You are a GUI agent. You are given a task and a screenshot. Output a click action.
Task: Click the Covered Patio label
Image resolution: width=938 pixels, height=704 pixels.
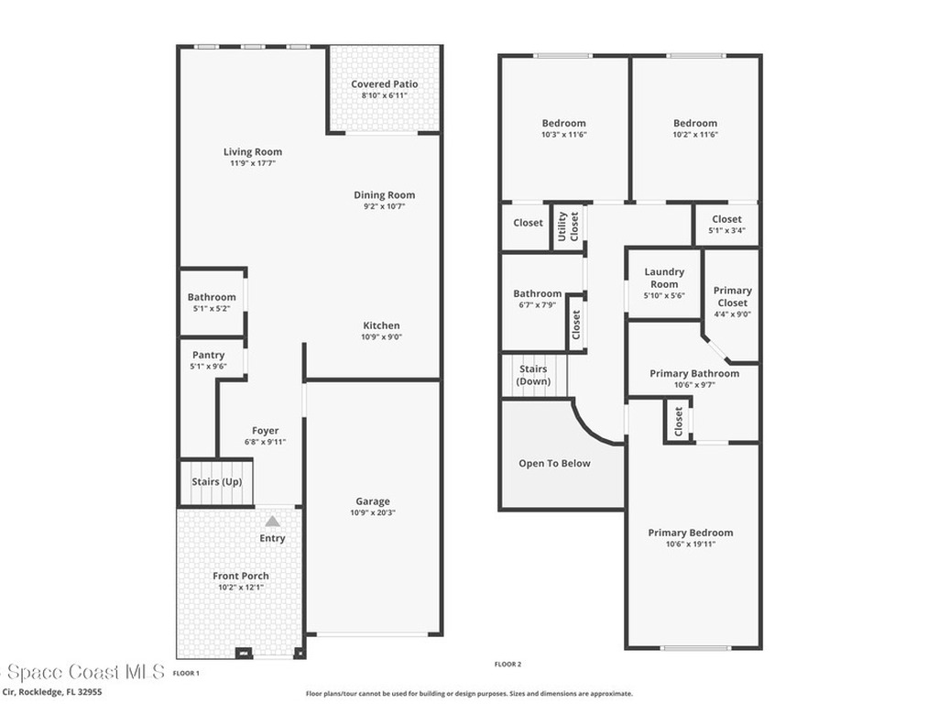[x=384, y=84]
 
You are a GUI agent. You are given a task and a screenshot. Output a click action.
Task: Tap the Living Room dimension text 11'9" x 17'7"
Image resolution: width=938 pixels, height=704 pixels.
[x=253, y=163]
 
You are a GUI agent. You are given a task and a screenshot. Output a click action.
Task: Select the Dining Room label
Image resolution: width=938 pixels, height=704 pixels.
[x=384, y=194]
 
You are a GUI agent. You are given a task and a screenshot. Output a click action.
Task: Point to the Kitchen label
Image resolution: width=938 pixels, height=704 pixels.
[x=381, y=325]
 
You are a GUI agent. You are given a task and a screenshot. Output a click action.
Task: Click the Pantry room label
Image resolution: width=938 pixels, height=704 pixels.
[x=208, y=355]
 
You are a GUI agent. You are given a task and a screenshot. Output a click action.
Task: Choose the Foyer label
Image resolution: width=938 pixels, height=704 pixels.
[x=266, y=431]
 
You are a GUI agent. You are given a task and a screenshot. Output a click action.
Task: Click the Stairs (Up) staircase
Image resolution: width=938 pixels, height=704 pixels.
[x=216, y=482]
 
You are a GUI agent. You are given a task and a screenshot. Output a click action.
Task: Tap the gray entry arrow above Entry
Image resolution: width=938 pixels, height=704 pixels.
[x=272, y=521]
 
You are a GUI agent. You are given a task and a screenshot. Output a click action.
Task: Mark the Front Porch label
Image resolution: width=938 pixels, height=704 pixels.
[x=241, y=576]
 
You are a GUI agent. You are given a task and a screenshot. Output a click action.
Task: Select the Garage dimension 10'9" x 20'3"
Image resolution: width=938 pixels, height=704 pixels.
[x=373, y=512]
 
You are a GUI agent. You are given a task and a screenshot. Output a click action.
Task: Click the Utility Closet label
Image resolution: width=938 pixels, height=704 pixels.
[x=568, y=226]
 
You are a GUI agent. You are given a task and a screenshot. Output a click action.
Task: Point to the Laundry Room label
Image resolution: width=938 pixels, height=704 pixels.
[x=664, y=278]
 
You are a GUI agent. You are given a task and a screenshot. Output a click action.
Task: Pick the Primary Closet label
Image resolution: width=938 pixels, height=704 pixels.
[x=732, y=296]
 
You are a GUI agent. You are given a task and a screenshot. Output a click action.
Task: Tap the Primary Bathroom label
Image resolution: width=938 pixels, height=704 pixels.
[x=693, y=373]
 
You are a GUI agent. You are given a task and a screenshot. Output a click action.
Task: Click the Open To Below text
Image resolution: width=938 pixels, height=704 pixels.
[x=554, y=463]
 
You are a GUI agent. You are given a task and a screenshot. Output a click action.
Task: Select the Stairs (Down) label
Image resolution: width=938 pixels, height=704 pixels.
[x=533, y=375]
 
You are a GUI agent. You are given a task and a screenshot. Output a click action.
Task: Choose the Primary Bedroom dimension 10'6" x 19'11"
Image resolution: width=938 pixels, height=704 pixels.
[x=691, y=544]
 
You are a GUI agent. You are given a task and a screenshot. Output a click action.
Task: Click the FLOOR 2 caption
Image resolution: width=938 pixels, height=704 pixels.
[x=507, y=664]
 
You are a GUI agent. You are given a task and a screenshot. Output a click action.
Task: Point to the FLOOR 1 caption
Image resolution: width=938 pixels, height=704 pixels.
[x=186, y=673]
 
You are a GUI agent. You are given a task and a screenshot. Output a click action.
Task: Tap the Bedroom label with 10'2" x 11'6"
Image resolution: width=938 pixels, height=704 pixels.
[x=695, y=123]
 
